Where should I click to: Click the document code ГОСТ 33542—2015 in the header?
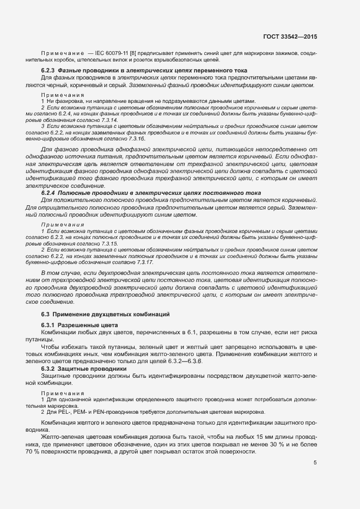point(288,36)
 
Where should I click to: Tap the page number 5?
point(315,463)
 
